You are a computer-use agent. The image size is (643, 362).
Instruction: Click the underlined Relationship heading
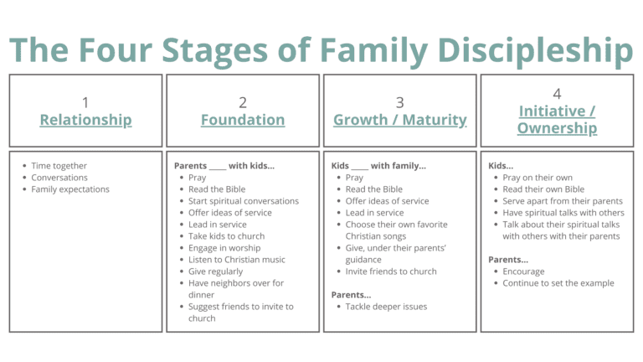[x=85, y=120]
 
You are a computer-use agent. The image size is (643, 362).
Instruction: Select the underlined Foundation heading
[x=243, y=120]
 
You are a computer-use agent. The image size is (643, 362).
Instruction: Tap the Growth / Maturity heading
[x=400, y=120]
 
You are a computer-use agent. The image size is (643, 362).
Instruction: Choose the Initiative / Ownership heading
[x=557, y=119]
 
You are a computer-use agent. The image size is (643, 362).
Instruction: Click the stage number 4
[x=557, y=93]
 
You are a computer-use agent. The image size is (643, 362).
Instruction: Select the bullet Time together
[x=59, y=166]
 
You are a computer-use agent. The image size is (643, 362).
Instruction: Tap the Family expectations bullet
[x=70, y=189]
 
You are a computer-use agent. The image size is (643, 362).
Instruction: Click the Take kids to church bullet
[x=226, y=236]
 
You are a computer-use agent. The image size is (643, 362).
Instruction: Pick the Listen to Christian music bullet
[x=237, y=260]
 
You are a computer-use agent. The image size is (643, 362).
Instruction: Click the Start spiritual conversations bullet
[x=244, y=201]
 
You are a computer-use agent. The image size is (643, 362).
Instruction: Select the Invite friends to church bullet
[x=391, y=271]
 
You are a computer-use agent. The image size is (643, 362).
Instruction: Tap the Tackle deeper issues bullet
[x=386, y=307]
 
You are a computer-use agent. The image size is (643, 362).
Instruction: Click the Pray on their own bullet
[x=538, y=178]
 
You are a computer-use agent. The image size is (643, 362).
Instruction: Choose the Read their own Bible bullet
[x=543, y=189]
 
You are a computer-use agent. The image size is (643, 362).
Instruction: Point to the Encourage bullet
[x=523, y=271]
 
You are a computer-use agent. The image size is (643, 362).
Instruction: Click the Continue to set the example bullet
[x=558, y=283]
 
